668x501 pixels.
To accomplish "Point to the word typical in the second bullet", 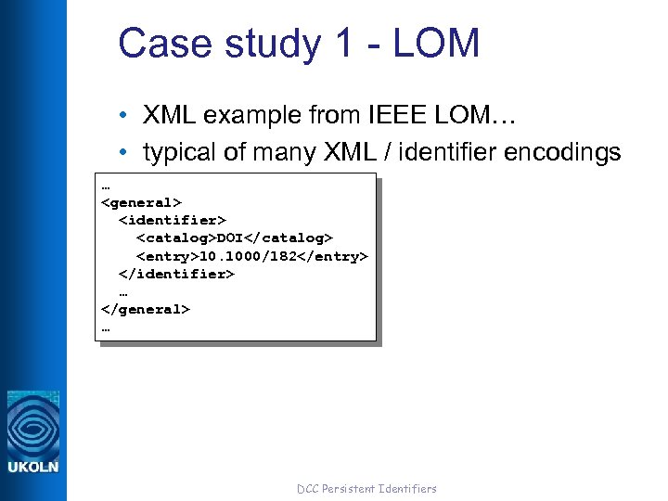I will tap(178, 153).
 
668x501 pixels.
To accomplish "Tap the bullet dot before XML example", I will tap(123, 116).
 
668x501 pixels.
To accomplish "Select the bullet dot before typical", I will tap(123, 153).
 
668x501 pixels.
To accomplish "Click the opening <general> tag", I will tap(141, 202).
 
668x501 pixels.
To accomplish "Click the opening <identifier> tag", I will tap(173, 220).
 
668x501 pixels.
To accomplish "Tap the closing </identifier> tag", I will tap(176, 274).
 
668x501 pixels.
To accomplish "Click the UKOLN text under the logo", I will tap(33, 467).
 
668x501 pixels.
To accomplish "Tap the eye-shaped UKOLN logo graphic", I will tap(33, 426).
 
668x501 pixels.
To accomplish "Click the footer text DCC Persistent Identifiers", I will tap(366, 488).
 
